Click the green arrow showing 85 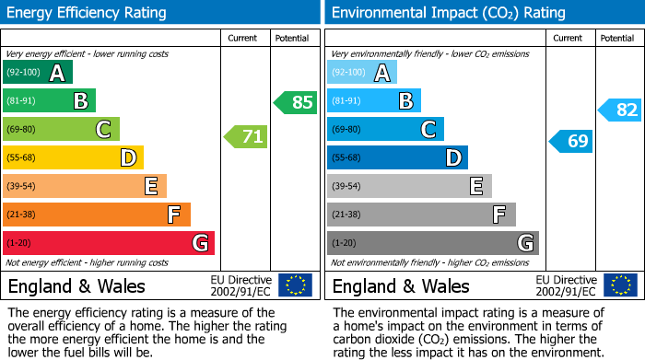pos(296,101)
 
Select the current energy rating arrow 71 pos(246,137)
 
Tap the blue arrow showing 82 pos(620,110)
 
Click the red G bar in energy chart pos(109,243)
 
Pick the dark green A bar pos(38,73)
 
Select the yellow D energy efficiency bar pos(73,157)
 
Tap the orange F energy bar pos(97,215)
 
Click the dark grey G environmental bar pos(432,243)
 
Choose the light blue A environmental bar pos(362,73)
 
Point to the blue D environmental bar pos(397,157)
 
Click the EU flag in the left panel pos(295,285)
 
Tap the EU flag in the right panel pos(619,285)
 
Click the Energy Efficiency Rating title pos(87,13)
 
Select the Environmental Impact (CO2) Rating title pos(448,13)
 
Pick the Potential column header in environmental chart pos(616,38)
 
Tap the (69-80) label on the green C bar pos(22,130)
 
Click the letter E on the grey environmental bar pos(475,186)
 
